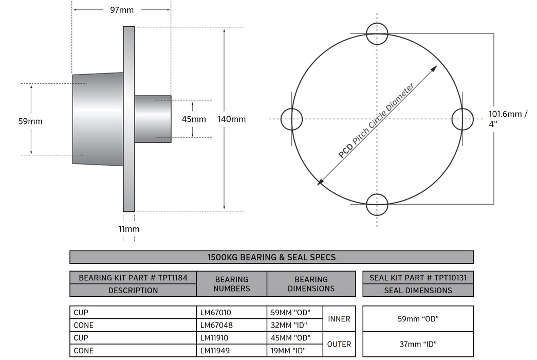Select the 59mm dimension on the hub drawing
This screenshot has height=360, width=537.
coord(30,121)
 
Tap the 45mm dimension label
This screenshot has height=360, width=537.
coord(194,119)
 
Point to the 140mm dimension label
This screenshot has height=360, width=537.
coord(232,119)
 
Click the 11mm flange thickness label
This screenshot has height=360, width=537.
coord(129,229)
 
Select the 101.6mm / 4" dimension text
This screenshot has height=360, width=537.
coord(508,119)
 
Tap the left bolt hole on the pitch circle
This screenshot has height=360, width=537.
coord(291,119)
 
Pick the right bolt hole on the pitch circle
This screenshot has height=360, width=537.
coord(462,119)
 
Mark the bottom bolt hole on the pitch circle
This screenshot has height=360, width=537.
coord(377,204)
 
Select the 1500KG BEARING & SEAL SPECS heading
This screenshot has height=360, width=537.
coord(271,257)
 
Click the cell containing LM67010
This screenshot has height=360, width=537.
coord(231,312)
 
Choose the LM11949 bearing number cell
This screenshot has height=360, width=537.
coord(231,351)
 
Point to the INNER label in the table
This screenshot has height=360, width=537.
coord(339,319)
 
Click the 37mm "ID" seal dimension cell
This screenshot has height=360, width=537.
coord(418,344)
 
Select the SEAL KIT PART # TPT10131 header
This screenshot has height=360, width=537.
coord(418,278)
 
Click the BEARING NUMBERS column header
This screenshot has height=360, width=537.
coord(231,284)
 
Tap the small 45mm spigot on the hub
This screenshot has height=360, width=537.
coord(153,119)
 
